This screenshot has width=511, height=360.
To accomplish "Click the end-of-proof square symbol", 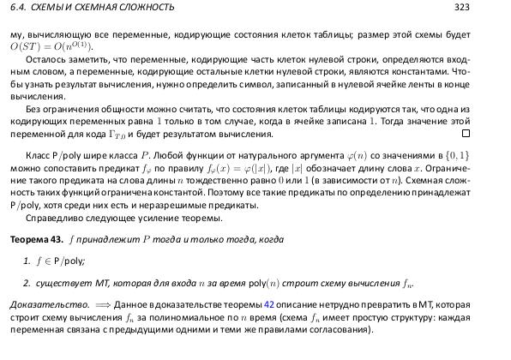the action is point(466,134).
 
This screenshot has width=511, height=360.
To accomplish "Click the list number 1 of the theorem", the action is point(27,259).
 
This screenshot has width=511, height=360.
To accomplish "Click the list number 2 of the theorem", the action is point(27,282).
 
